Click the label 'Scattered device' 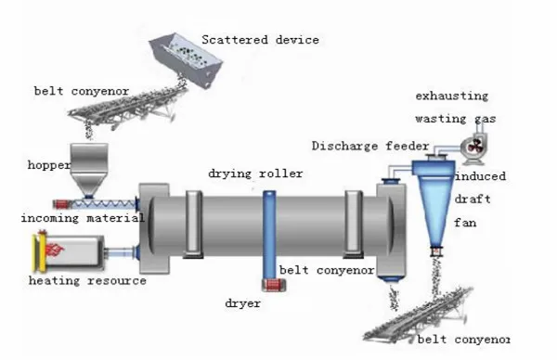261,40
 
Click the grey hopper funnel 88,168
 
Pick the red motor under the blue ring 274,289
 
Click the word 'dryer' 244,302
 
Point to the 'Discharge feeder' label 371,146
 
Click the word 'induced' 480,176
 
